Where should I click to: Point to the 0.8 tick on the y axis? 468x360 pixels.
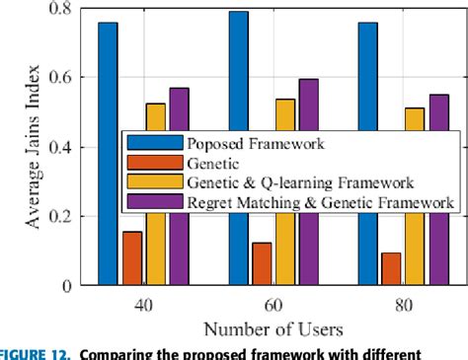tap(70, 9)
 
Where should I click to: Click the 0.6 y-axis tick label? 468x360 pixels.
tap(70, 78)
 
